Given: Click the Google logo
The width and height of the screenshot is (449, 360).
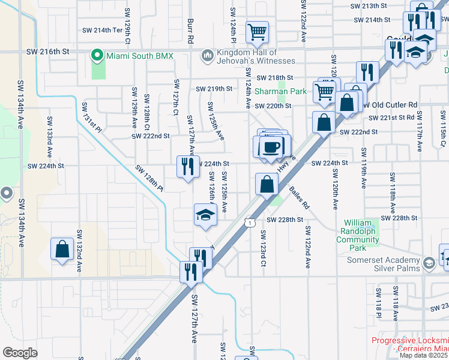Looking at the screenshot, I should point(20,353).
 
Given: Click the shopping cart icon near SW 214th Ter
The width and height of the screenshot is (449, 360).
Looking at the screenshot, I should point(257,32).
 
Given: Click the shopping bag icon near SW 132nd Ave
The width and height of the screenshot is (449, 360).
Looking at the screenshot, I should point(62,250).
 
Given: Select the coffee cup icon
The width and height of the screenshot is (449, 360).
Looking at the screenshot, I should point(272,146).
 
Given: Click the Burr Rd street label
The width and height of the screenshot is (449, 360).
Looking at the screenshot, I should point(190,30).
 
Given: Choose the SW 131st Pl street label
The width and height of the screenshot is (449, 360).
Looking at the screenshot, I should point(92,115).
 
